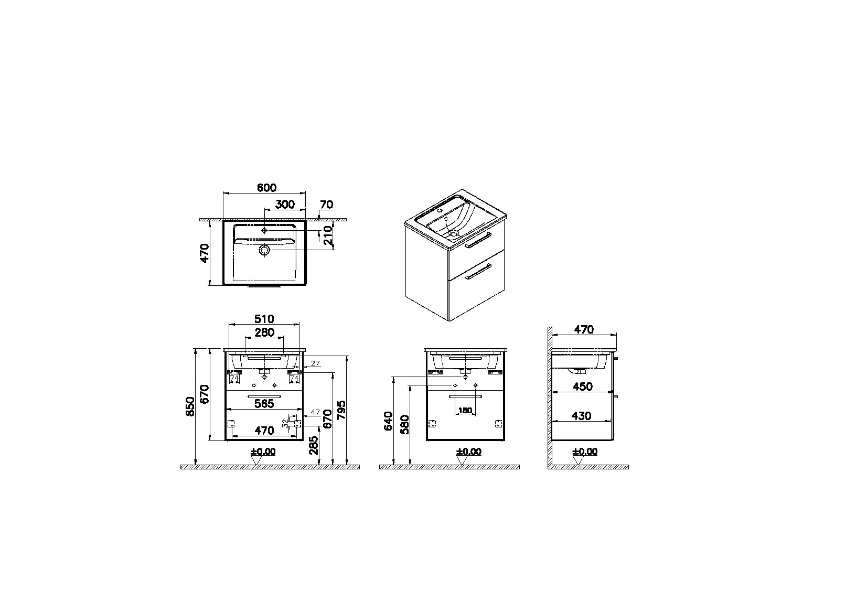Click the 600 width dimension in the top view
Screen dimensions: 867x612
pyautogui.click(x=266, y=188)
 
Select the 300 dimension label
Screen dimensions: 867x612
pyautogui.click(x=285, y=205)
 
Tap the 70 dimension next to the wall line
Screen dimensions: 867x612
pyautogui.click(x=327, y=205)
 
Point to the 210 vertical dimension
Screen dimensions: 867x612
pyautogui.click(x=328, y=235)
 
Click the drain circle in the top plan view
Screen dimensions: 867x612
pyautogui.click(x=264, y=250)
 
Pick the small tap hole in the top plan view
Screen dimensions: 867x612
pyautogui.click(x=264, y=230)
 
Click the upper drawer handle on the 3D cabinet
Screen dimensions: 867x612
pyautogui.click(x=478, y=240)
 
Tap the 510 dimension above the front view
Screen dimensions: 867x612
pyautogui.click(x=264, y=319)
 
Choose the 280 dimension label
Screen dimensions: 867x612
pyautogui.click(x=264, y=332)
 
